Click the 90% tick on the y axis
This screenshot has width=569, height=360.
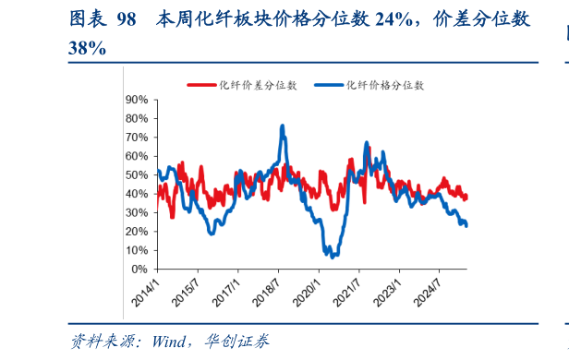click(x=137, y=99)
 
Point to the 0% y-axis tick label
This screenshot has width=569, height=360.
click(x=140, y=270)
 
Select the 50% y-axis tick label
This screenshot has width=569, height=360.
click(x=137, y=174)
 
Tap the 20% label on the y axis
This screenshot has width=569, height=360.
click(x=137, y=232)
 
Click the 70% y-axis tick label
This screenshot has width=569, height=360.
click(x=137, y=137)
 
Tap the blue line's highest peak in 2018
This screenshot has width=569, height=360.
click(x=283, y=126)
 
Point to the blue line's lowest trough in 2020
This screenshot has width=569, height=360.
click(x=332, y=256)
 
